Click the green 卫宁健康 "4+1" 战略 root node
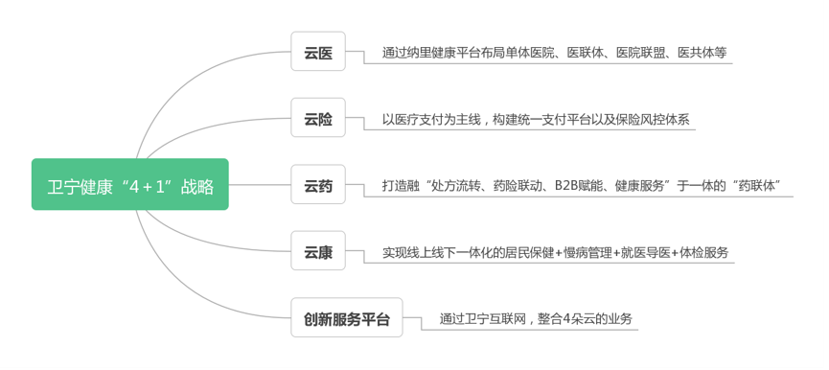[130, 185]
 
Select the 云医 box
[318, 52]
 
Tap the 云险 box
[318, 119]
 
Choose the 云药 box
[318, 185]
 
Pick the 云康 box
[318, 252]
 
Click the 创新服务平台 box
[347, 318]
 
